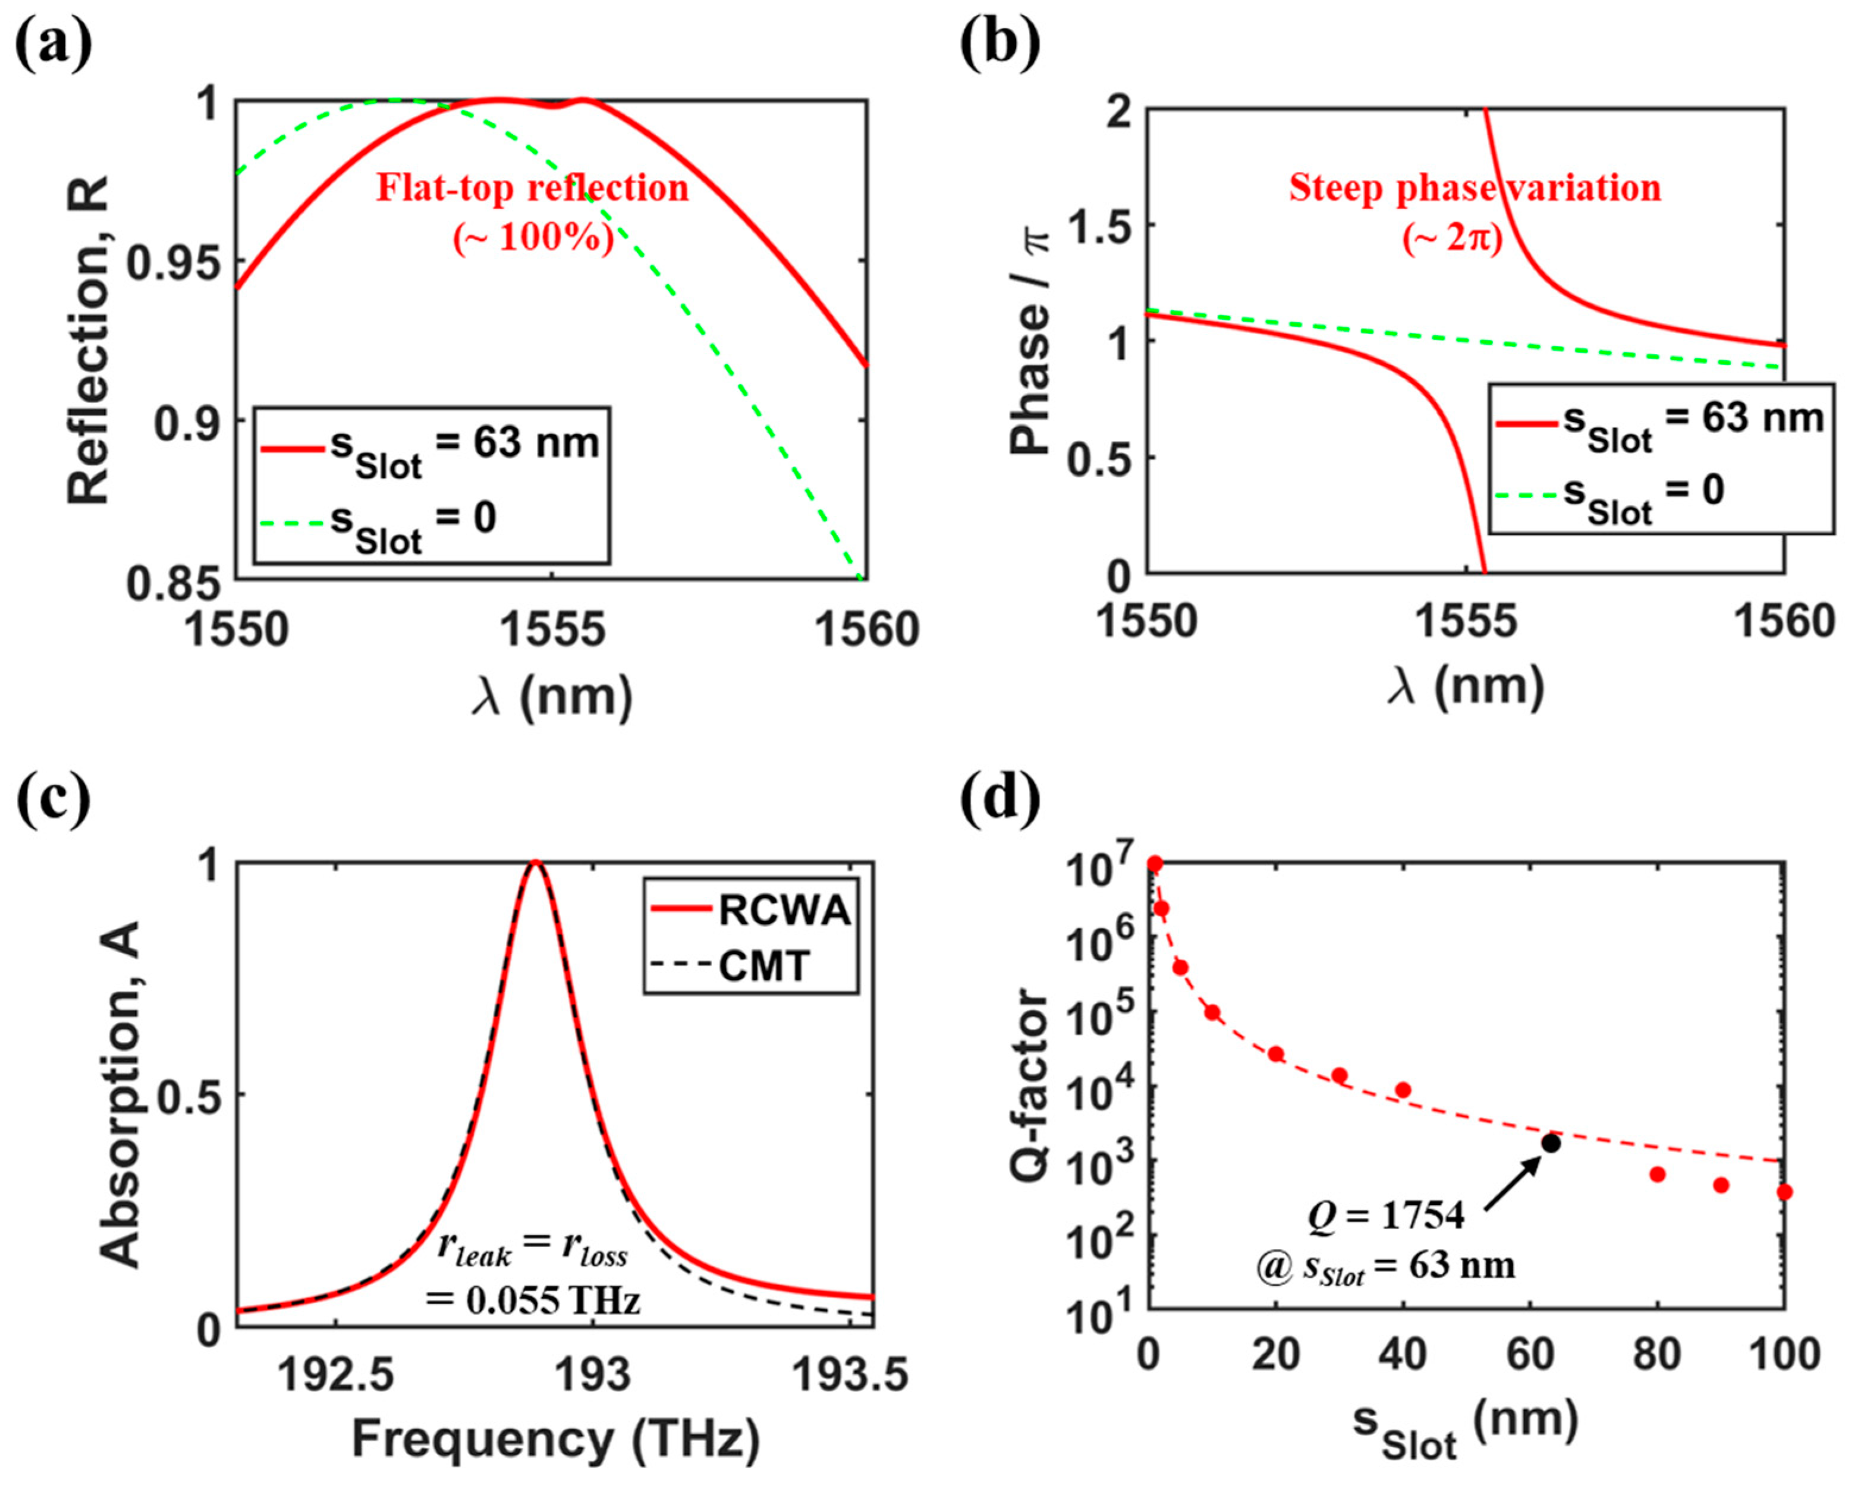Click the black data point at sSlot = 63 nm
(x=1551, y=1144)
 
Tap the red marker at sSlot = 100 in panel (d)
(x=1784, y=1192)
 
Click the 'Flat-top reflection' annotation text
(x=532, y=188)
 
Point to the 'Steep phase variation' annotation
(x=1474, y=188)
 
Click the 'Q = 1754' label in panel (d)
(x=1386, y=1216)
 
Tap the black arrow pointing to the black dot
(x=1511, y=1183)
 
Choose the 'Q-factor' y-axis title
(x=1029, y=1085)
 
